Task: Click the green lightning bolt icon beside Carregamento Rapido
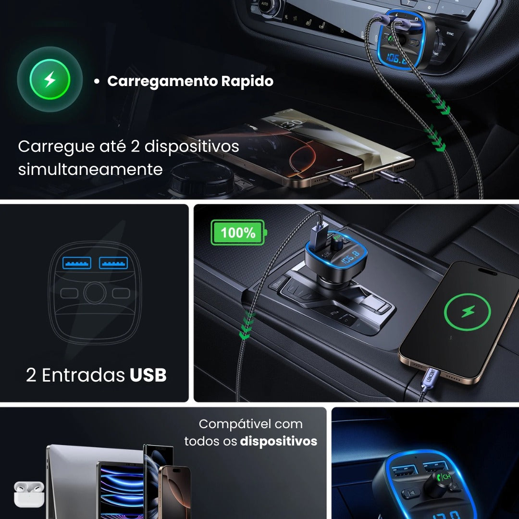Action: point(49,79)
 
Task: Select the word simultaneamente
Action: point(90,169)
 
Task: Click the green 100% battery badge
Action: point(238,233)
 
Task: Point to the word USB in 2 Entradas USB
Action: point(148,375)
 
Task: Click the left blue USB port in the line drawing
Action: point(77,263)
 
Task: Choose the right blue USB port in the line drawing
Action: point(113,263)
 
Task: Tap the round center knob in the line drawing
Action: point(95,292)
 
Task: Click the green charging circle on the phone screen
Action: point(467,312)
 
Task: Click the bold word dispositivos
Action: point(279,441)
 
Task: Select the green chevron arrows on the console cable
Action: point(246,324)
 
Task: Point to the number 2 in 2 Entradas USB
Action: point(31,375)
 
